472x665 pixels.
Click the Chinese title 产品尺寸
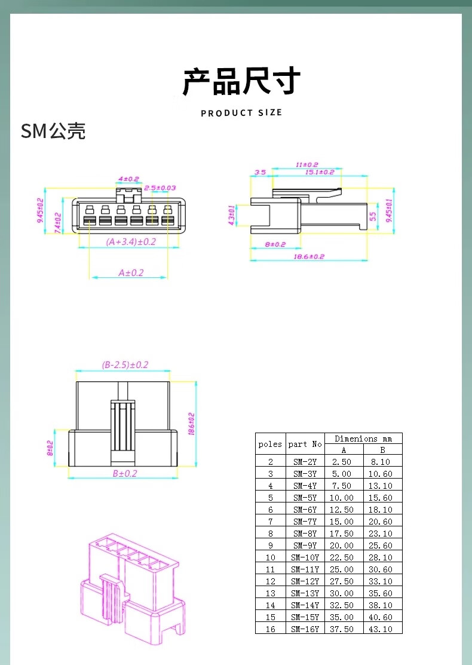241,81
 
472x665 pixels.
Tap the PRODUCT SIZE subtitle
241,113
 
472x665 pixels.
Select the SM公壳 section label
53,131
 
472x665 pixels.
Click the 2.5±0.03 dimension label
160,188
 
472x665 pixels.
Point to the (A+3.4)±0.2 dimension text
131,242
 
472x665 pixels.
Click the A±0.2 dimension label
131,272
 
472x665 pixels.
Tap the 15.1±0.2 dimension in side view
320,172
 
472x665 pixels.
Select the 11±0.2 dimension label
307,164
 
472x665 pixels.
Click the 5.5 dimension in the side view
373,216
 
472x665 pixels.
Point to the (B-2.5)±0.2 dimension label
125,364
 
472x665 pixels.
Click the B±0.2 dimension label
125,473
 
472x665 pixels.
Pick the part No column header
305,444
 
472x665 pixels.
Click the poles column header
270,444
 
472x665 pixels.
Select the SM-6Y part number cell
305,509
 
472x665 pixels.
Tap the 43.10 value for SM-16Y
381,629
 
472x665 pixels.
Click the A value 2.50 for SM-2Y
342,461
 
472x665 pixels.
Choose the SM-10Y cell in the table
305,557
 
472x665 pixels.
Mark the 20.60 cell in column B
381,521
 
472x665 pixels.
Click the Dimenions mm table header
363,439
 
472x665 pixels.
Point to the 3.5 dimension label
260,172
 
